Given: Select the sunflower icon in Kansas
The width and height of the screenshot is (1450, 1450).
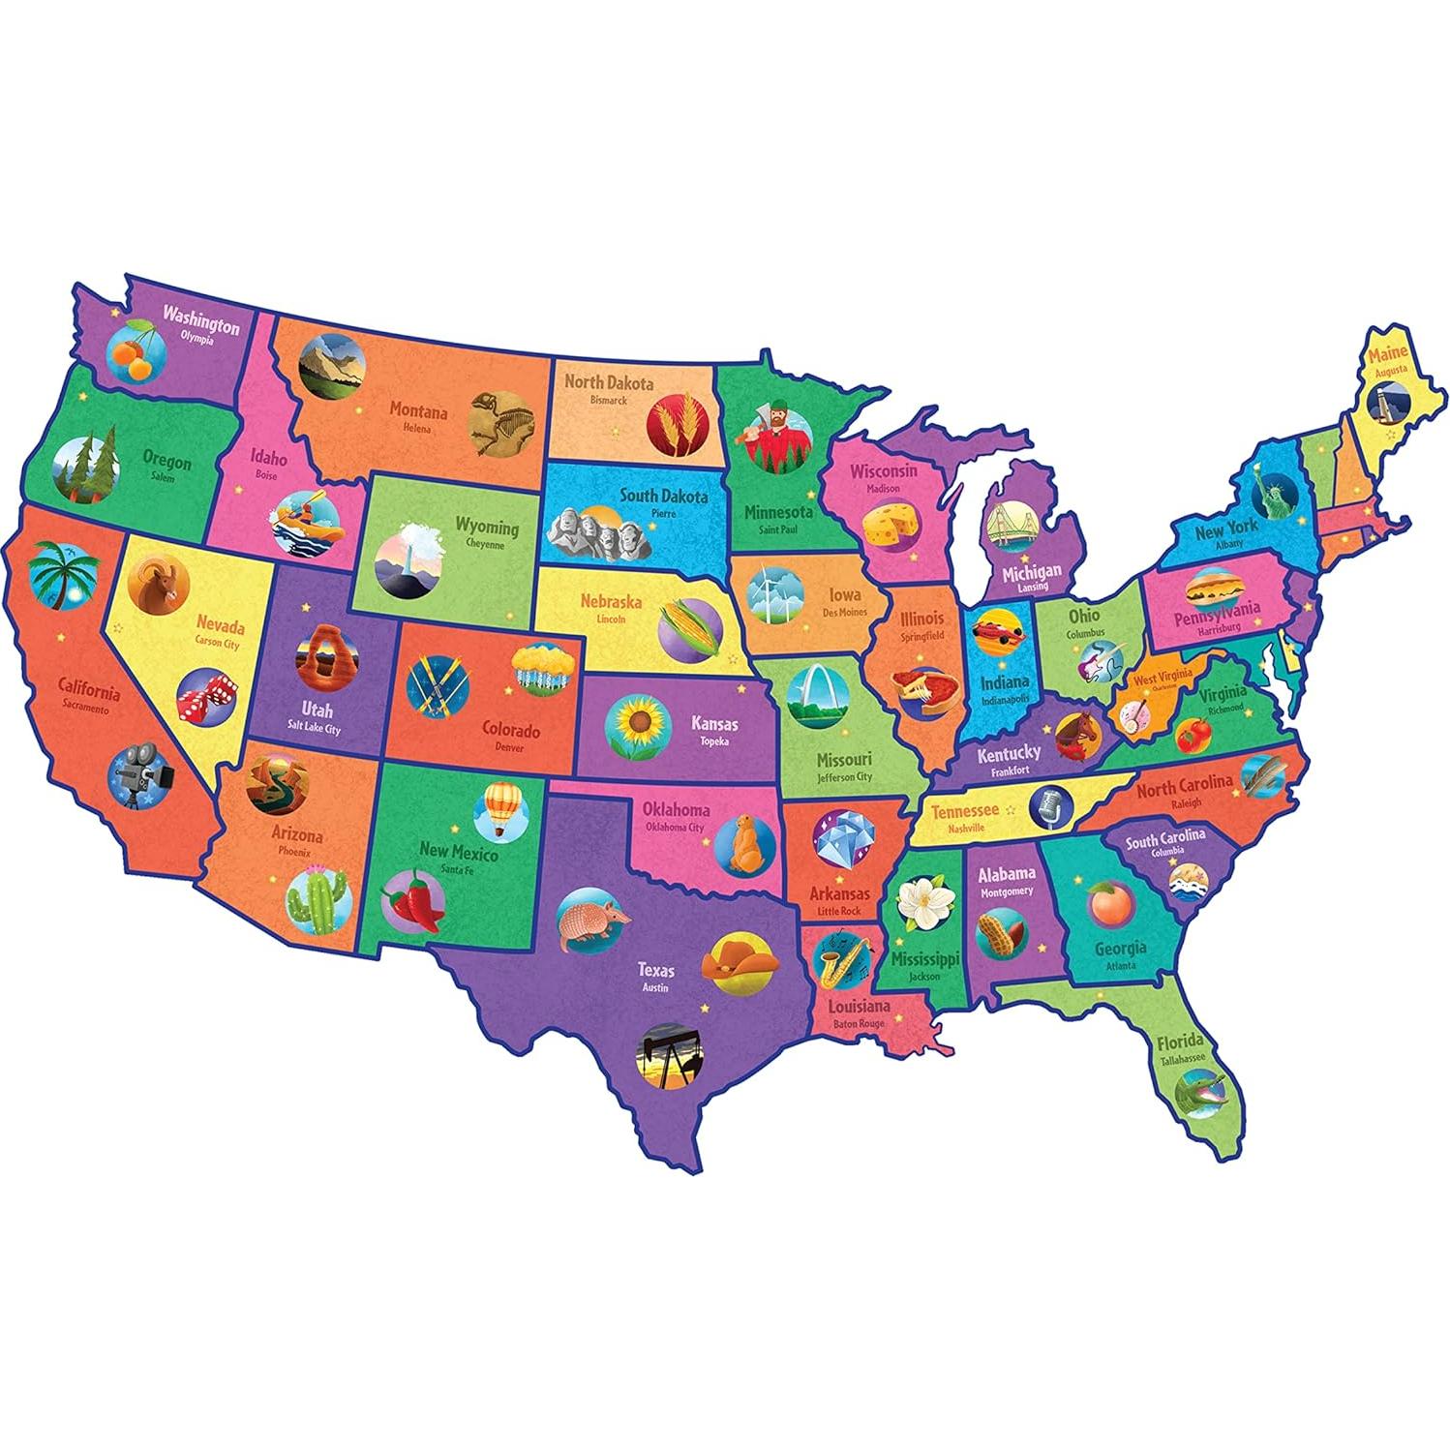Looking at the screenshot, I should pyautogui.click(x=634, y=722).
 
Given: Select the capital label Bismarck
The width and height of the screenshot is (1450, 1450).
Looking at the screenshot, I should pyautogui.click(x=609, y=400).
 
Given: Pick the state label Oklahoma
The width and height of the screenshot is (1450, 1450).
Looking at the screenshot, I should pyautogui.click(x=676, y=810).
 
